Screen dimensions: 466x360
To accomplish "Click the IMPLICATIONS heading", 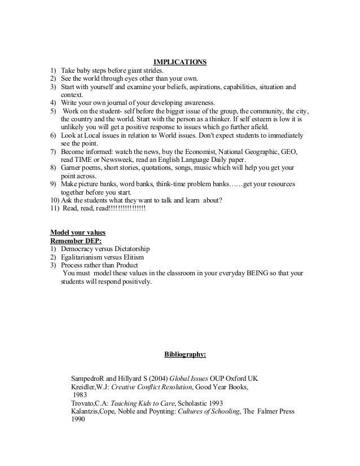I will coord(179,62).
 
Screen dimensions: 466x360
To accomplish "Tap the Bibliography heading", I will coord(185,355).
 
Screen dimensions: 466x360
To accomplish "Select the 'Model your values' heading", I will coord(78,232).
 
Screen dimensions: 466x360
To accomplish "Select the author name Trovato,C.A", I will coord(89,403).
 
